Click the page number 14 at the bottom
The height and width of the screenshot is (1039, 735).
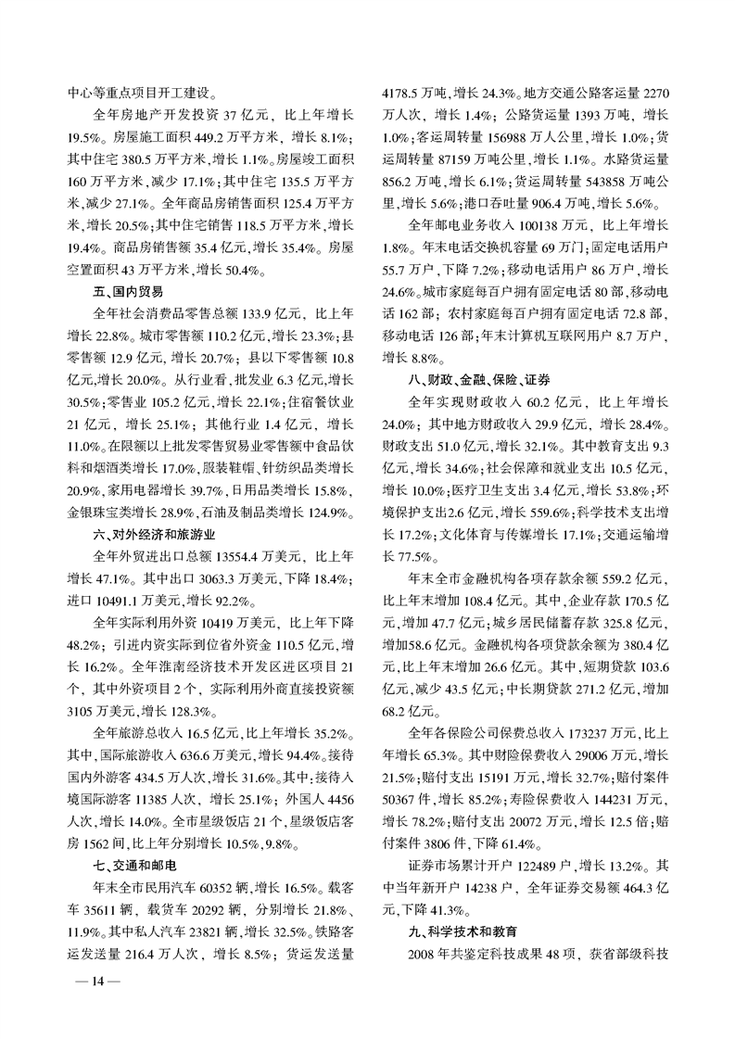point(89,982)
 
